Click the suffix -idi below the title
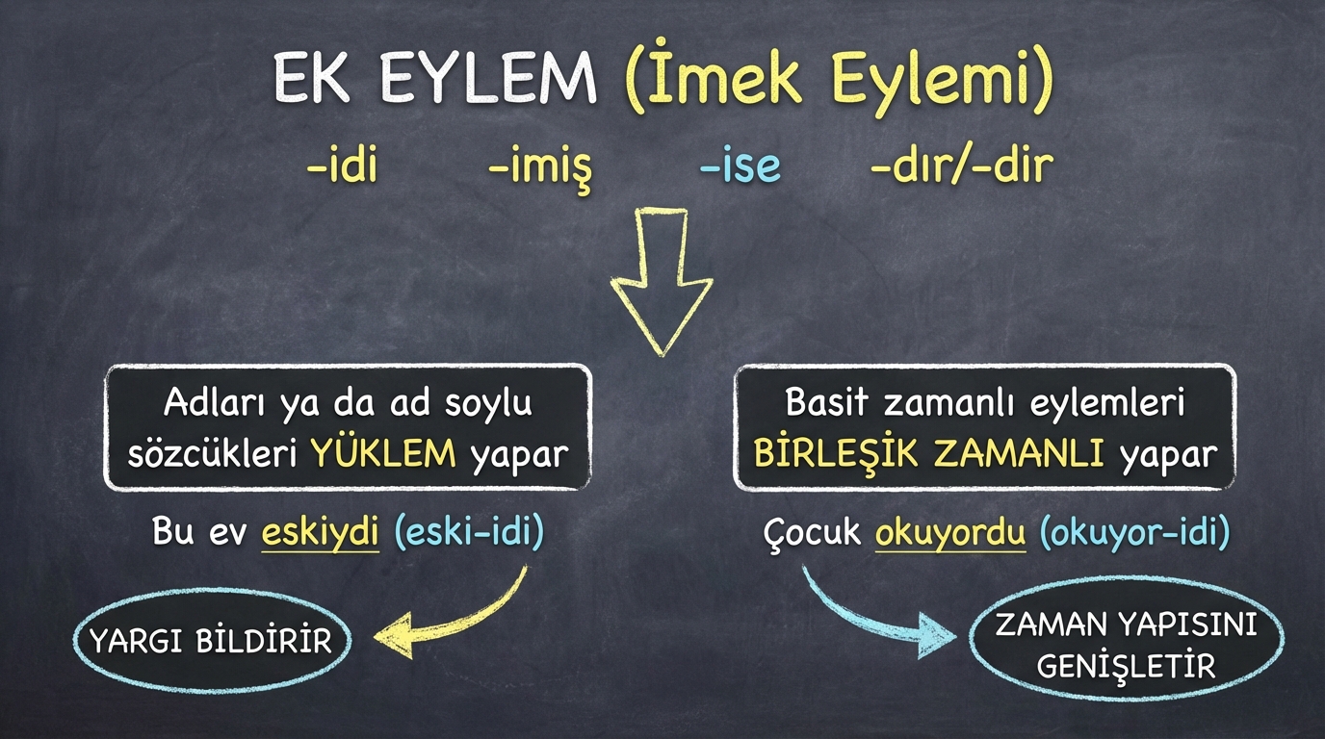click(342, 165)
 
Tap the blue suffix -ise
click(740, 166)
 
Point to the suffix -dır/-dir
click(962, 165)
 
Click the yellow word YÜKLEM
click(383, 454)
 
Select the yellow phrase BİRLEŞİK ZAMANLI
click(928, 454)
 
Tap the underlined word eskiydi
click(320, 532)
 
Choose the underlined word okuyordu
click(950, 532)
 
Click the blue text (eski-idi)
click(469, 532)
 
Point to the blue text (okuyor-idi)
click(1134, 532)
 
